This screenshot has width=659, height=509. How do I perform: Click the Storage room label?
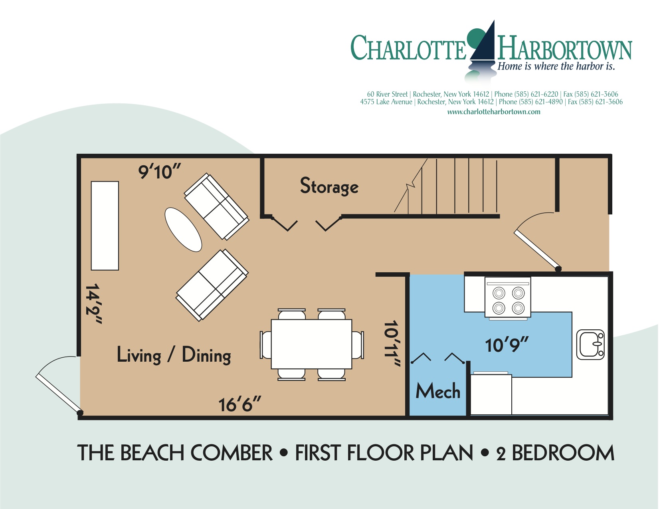[329, 186]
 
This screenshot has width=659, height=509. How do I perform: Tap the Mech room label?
[438, 391]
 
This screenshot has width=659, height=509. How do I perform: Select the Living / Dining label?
[174, 355]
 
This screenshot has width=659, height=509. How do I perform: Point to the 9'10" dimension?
[159, 172]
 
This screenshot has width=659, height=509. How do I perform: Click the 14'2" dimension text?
[94, 304]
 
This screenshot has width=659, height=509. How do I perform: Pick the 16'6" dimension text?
[239, 405]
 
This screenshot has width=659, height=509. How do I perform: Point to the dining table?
[311, 344]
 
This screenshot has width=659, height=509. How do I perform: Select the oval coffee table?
[183, 230]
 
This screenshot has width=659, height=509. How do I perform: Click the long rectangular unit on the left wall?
[105, 226]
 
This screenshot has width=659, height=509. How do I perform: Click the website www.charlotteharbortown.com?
[493, 112]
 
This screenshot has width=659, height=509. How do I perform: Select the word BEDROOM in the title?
[563, 453]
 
